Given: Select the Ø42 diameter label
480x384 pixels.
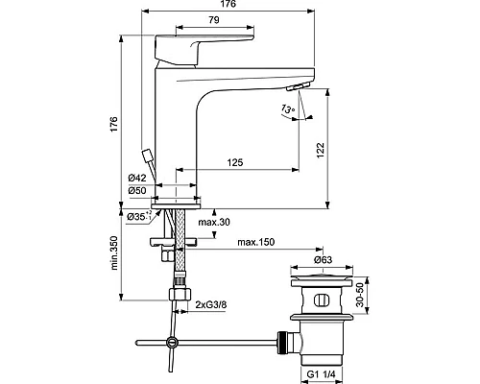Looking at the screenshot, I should (x=137, y=177).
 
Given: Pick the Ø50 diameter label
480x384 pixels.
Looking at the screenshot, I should (x=137, y=190).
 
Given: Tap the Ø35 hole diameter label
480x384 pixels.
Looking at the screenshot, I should (x=140, y=217).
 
